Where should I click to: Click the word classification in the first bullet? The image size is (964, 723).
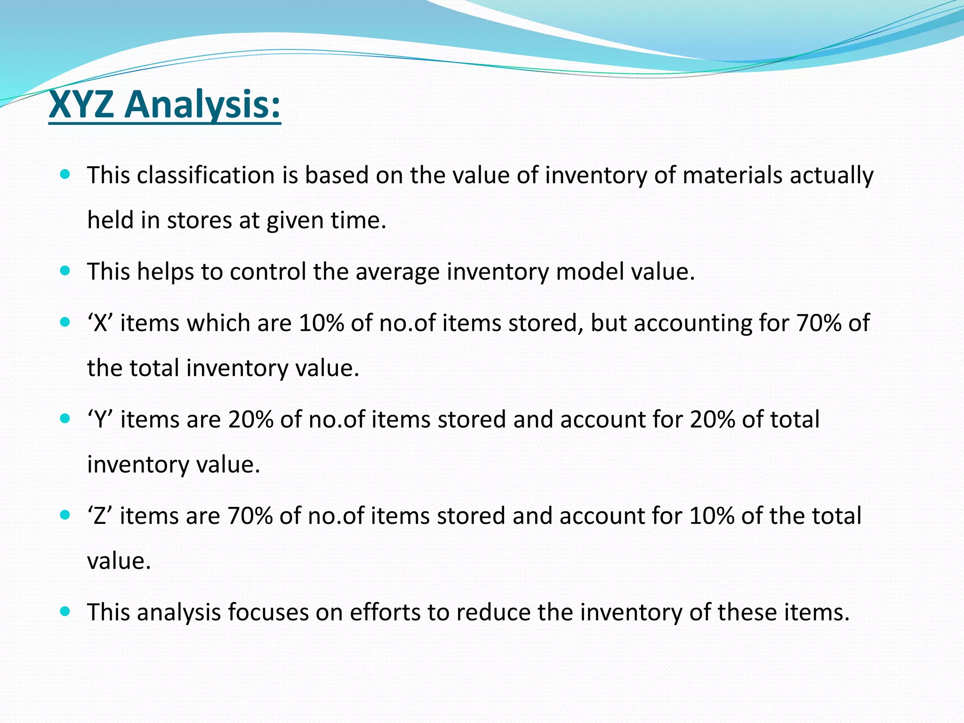pyautogui.click(x=206, y=175)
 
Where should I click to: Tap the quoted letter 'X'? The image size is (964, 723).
pyautogui.click(x=100, y=323)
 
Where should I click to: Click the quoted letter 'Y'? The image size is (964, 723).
pyautogui.click(x=100, y=419)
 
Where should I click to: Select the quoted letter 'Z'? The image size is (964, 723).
pyautogui.click(x=100, y=516)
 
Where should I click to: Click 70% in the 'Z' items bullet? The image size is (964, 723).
pyautogui.click(x=249, y=516)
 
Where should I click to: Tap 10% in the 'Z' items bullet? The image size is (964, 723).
pyautogui.click(x=712, y=516)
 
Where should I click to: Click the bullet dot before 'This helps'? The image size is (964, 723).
pyautogui.click(x=65, y=271)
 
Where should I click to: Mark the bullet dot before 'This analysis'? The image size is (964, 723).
pyautogui.click(x=65, y=611)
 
